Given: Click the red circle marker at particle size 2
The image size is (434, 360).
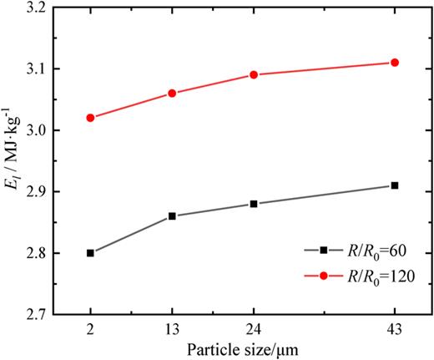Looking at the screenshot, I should pos(90,118).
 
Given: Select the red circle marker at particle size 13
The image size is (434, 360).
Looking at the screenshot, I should pos(172,93).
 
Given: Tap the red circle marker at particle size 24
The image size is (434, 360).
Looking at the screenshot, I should pos(254,74).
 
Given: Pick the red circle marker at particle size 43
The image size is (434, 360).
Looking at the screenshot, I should pos(395,63).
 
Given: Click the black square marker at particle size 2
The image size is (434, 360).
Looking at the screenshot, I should pos(90,252).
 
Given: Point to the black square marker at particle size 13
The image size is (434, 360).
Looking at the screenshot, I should pos(172,215).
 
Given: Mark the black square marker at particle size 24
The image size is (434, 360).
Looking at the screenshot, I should pos(254,204).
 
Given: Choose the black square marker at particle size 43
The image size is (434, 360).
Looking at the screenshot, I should pos(395,185).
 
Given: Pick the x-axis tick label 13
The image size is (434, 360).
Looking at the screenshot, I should pos(172,328).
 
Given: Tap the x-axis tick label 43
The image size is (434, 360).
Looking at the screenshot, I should pos(395,328).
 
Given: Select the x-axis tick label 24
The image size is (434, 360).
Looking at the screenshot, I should pos(254,328).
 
